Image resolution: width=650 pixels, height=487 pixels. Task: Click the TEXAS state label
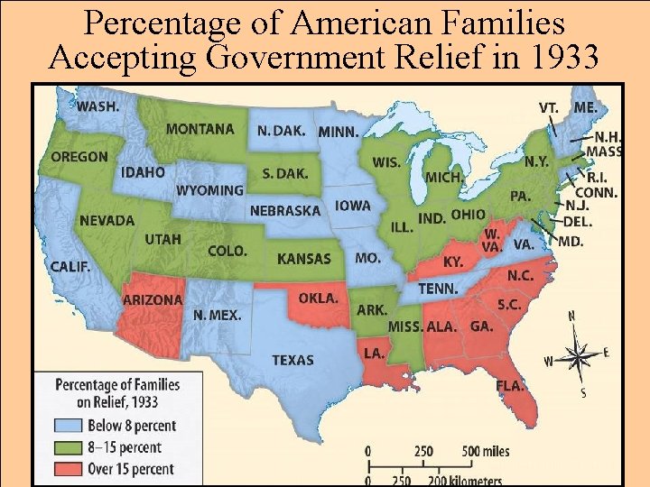click(x=292, y=360)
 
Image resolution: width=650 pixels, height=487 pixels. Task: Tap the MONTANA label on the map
click(x=200, y=129)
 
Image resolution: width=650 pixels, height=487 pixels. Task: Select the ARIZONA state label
click(x=153, y=299)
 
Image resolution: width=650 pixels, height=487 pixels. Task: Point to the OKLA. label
click(x=318, y=298)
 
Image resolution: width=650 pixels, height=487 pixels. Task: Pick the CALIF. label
click(x=70, y=266)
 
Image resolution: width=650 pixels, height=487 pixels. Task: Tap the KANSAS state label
click(x=303, y=259)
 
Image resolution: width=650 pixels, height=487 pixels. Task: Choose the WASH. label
click(x=97, y=106)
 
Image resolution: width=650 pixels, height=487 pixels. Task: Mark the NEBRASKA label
click(x=284, y=210)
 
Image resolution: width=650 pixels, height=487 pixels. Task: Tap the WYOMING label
click(x=209, y=190)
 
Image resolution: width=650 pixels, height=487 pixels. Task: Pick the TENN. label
click(x=437, y=289)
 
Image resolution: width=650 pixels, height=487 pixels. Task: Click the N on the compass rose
click(x=571, y=316)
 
